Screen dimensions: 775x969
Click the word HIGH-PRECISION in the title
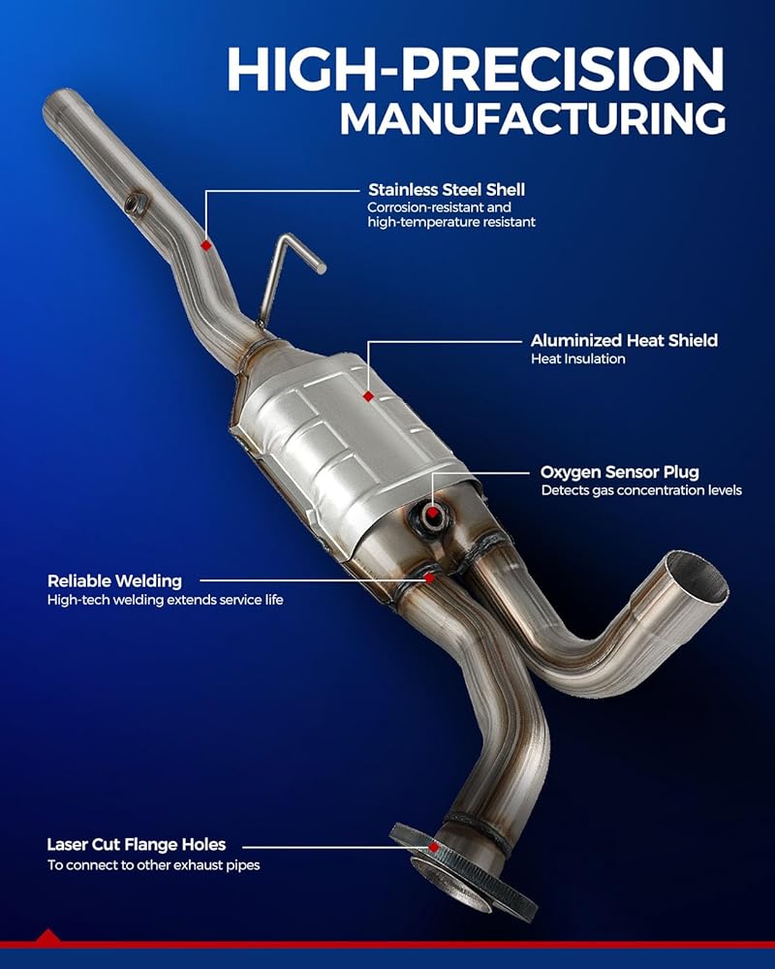click(x=476, y=69)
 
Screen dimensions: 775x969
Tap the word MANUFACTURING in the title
click(x=533, y=118)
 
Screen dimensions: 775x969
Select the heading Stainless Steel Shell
click(x=447, y=189)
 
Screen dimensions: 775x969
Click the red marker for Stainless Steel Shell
click(x=206, y=245)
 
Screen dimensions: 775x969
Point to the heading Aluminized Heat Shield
click(x=624, y=340)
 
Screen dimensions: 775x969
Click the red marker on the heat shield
click(x=368, y=396)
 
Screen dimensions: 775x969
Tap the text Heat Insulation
click(x=577, y=359)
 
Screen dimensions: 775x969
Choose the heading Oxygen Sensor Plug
click(x=620, y=472)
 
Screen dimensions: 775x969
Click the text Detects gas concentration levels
click(x=641, y=490)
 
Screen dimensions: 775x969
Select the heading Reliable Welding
click(x=115, y=580)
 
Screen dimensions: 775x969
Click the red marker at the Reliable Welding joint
click(x=429, y=578)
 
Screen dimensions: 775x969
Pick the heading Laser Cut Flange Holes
click(x=137, y=844)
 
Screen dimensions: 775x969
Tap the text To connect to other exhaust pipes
click(x=153, y=865)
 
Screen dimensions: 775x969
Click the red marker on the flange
click(x=434, y=847)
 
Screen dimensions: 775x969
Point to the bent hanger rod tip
click(x=320, y=267)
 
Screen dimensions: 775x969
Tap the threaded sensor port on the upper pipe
click(x=136, y=203)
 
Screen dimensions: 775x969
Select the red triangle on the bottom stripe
click(x=47, y=936)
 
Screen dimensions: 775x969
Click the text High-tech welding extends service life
click(x=165, y=600)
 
